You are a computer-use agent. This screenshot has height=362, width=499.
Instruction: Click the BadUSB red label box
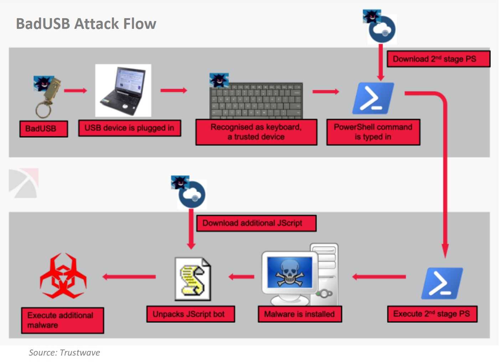coord(43,129)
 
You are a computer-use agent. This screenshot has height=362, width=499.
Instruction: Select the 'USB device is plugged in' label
coord(129,128)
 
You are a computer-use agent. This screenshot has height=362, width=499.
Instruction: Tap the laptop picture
coord(123,91)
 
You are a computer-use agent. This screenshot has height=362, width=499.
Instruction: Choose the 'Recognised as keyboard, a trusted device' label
coord(256,132)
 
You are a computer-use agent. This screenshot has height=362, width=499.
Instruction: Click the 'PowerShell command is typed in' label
coord(373,132)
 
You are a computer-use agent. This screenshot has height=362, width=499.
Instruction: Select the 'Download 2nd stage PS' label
coord(438,59)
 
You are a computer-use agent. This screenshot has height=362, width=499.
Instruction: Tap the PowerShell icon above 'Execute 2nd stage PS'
coord(442,283)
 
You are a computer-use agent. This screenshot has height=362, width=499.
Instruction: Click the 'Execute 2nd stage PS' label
coord(432,314)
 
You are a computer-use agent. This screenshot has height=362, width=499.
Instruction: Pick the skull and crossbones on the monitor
coord(289,273)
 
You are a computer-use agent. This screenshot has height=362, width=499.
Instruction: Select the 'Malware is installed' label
coord(300,314)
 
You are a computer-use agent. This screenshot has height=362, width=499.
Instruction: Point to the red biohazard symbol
coord(63,276)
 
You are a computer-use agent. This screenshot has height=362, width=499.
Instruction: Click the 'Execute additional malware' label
coord(62,320)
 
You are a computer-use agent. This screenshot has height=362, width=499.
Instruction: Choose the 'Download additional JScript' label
coord(256,223)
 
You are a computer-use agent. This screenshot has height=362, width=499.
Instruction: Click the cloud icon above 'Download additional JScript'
coord(192,195)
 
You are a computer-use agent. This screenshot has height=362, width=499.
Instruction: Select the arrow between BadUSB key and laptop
coord(75,90)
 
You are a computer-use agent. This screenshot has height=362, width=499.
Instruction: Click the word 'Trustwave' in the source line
coord(80,353)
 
